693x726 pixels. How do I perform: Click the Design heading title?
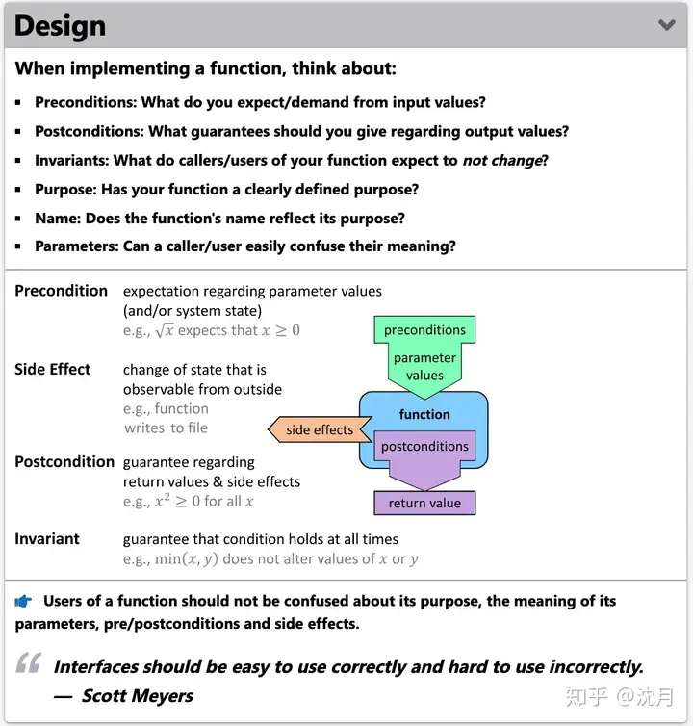click(x=61, y=26)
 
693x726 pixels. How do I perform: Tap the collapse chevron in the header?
click(x=666, y=25)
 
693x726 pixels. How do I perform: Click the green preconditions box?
click(x=424, y=330)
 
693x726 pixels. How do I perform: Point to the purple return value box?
click(x=424, y=503)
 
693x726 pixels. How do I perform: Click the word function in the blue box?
click(x=424, y=414)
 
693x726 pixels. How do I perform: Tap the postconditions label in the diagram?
click(x=424, y=447)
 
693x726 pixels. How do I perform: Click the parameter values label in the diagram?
click(x=424, y=367)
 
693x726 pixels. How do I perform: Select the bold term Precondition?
click(x=61, y=291)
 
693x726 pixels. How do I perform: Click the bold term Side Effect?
click(x=53, y=370)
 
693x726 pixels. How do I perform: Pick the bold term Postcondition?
click(x=64, y=462)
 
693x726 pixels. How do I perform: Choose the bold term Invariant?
click(x=47, y=539)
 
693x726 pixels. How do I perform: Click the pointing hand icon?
click(x=24, y=602)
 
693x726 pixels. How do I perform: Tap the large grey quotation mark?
click(x=29, y=663)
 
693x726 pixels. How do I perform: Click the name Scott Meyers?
click(x=137, y=695)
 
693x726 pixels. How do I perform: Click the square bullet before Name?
click(x=18, y=219)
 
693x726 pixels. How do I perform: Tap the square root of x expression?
click(x=165, y=330)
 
